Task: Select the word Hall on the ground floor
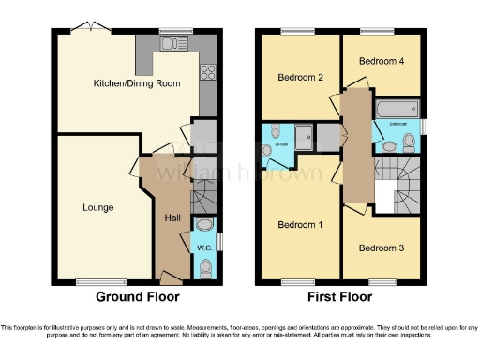[x=172, y=217]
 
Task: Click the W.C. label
[x=203, y=247]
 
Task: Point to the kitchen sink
[x=171, y=43]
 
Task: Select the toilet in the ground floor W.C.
[x=206, y=267]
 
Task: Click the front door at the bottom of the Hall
[x=171, y=277]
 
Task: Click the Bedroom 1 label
[x=300, y=226]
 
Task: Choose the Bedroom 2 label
[x=300, y=78]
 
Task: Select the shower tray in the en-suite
[x=306, y=138]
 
